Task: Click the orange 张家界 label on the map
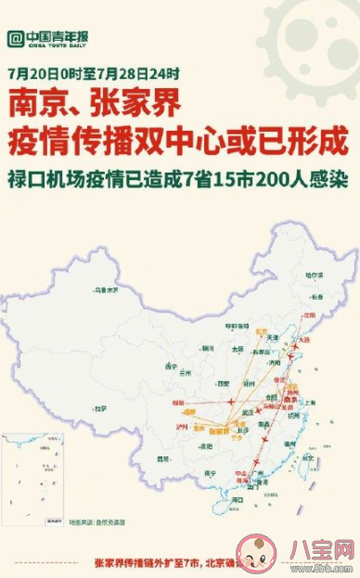click(x=219, y=432)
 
